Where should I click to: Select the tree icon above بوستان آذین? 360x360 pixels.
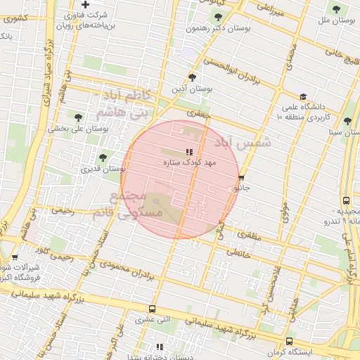click(192, 77)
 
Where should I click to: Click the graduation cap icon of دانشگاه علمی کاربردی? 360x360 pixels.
click(303, 97)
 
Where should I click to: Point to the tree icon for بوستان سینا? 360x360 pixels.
click(347, 121)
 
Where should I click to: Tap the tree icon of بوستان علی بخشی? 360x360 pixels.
click(77, 117)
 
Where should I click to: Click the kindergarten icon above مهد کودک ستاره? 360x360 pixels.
click(188, 152)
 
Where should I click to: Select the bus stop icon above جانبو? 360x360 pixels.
click(242, 179)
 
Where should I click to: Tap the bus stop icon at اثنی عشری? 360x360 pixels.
click(153, 309)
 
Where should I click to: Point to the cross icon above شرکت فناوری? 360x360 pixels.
click(85, 5)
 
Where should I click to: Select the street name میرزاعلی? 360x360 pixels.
click(270, 8)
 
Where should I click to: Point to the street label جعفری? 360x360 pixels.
click(199, 112)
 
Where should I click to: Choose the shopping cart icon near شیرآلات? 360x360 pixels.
click(14, 258)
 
